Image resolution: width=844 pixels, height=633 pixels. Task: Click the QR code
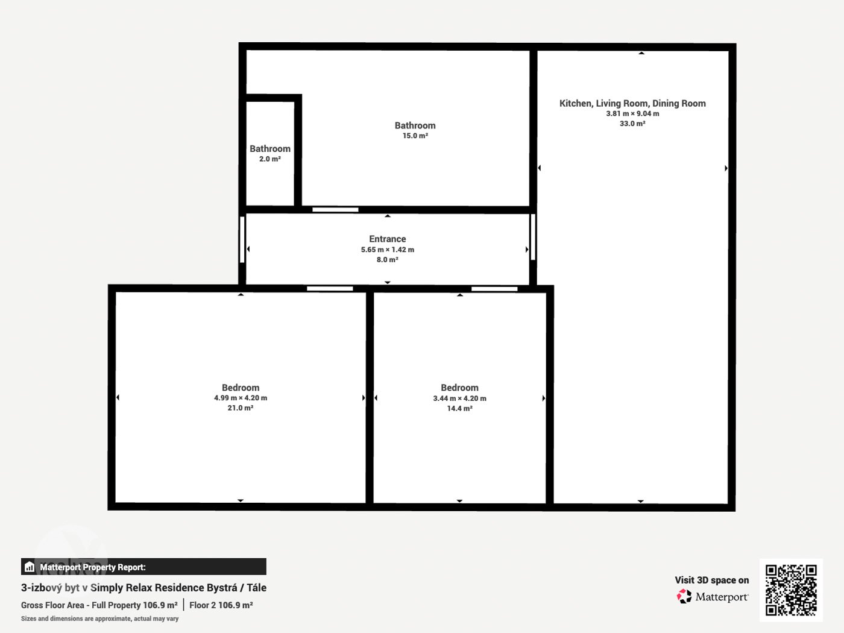coord(791,590)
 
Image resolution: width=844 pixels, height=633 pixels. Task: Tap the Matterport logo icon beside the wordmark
coord(684,596)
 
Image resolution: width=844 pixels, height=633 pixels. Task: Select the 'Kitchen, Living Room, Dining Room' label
coord(632,103)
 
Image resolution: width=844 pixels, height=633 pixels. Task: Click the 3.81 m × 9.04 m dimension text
coord(632,114)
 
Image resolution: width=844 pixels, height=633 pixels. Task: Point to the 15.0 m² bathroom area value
coord(415,136)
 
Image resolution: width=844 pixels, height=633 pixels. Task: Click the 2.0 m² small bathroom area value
coord(270,159)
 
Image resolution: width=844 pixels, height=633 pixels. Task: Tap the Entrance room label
coord(388,239)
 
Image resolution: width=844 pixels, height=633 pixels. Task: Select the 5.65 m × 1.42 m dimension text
coord(388,250)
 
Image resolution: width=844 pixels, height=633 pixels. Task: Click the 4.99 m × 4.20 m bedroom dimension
coord(241,398)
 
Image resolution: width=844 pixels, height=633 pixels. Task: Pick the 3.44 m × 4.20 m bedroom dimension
coord(460,398)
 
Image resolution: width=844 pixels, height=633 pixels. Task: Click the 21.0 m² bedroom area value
coord(241,408)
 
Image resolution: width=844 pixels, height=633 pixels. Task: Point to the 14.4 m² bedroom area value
coord(460,409)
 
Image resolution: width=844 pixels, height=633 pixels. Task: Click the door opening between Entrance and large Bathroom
coord(335,210)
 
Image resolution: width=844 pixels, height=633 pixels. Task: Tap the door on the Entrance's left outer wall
coord(242,240)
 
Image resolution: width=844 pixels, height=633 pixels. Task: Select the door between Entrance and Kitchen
coord(533,237)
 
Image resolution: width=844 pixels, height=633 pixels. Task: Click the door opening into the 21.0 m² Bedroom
coord(330,289)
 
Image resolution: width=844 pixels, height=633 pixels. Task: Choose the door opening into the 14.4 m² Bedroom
coord(494,289)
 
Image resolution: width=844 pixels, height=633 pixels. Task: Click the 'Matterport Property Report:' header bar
coord(143,567)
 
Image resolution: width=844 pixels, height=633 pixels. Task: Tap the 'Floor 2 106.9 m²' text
coord(221,605)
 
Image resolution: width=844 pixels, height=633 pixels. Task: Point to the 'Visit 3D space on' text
coord(712,581)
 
